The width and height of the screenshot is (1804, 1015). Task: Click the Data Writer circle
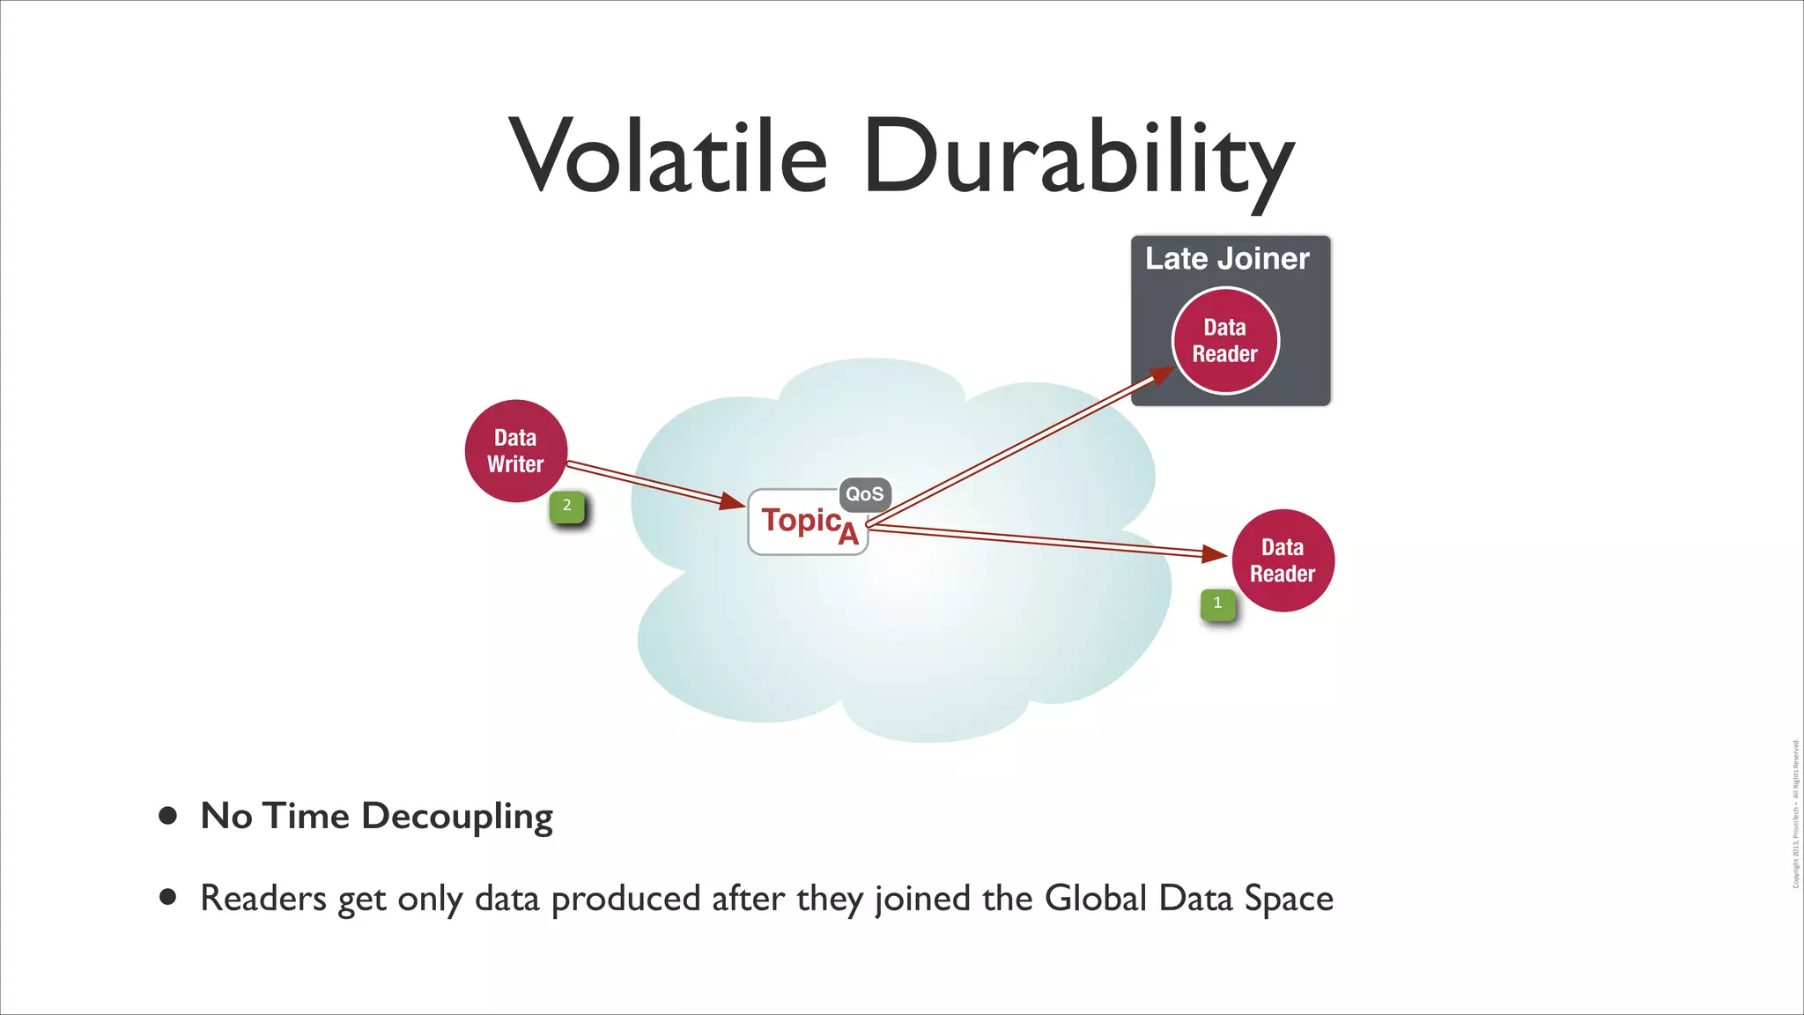coord(515,451)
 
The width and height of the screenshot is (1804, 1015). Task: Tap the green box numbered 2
coord(567,507)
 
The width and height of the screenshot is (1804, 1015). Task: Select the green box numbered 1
coord(1218,604)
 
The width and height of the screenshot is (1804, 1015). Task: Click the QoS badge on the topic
coord(864,494)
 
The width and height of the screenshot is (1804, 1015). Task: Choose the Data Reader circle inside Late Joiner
coord(1224,341)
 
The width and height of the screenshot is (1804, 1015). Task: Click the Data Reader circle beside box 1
coord(1283,560)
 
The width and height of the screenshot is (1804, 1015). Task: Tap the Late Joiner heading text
coord(1227,259)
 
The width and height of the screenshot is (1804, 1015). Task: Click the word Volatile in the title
coord(669,157)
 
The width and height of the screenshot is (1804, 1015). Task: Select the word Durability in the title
coord(1078,159)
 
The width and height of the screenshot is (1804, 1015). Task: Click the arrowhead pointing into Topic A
coord(733,501)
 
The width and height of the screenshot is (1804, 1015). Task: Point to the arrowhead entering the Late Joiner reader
coord(1161,375)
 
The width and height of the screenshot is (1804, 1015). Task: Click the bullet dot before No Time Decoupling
coord(168,816)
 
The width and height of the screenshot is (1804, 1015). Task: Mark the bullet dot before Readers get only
coord(168,898)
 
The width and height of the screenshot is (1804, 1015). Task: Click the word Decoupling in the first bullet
coord(457,817)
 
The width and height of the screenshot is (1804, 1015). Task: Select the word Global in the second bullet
coord(1096,899)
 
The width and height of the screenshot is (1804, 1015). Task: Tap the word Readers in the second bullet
coord(263,899)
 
